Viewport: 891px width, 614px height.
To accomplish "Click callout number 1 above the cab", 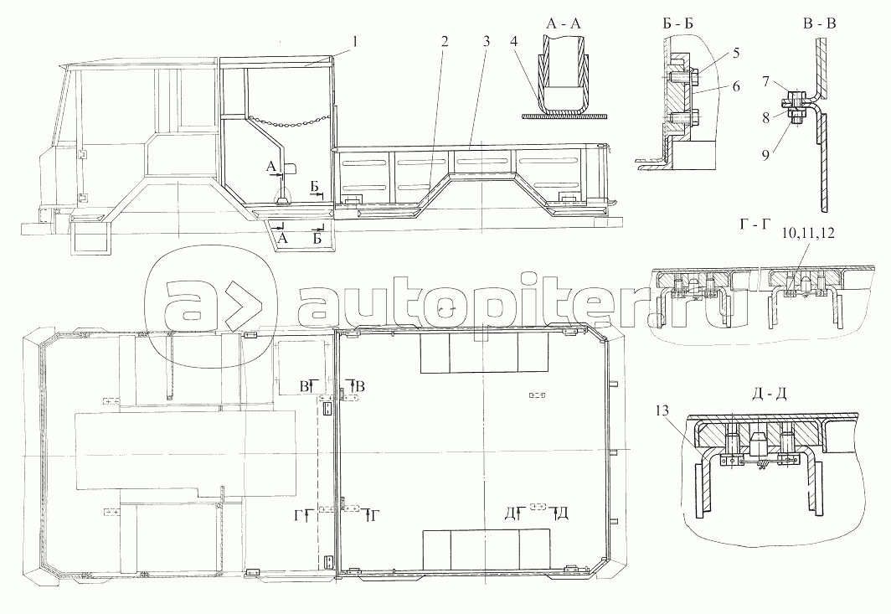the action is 354,41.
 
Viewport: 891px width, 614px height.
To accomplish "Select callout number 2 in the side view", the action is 444,41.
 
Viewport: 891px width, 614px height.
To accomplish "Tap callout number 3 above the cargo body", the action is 487,41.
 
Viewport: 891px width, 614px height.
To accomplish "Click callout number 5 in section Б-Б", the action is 736,53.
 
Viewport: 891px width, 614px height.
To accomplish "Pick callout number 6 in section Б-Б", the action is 736,85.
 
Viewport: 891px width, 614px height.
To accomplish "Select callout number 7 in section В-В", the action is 765,82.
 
